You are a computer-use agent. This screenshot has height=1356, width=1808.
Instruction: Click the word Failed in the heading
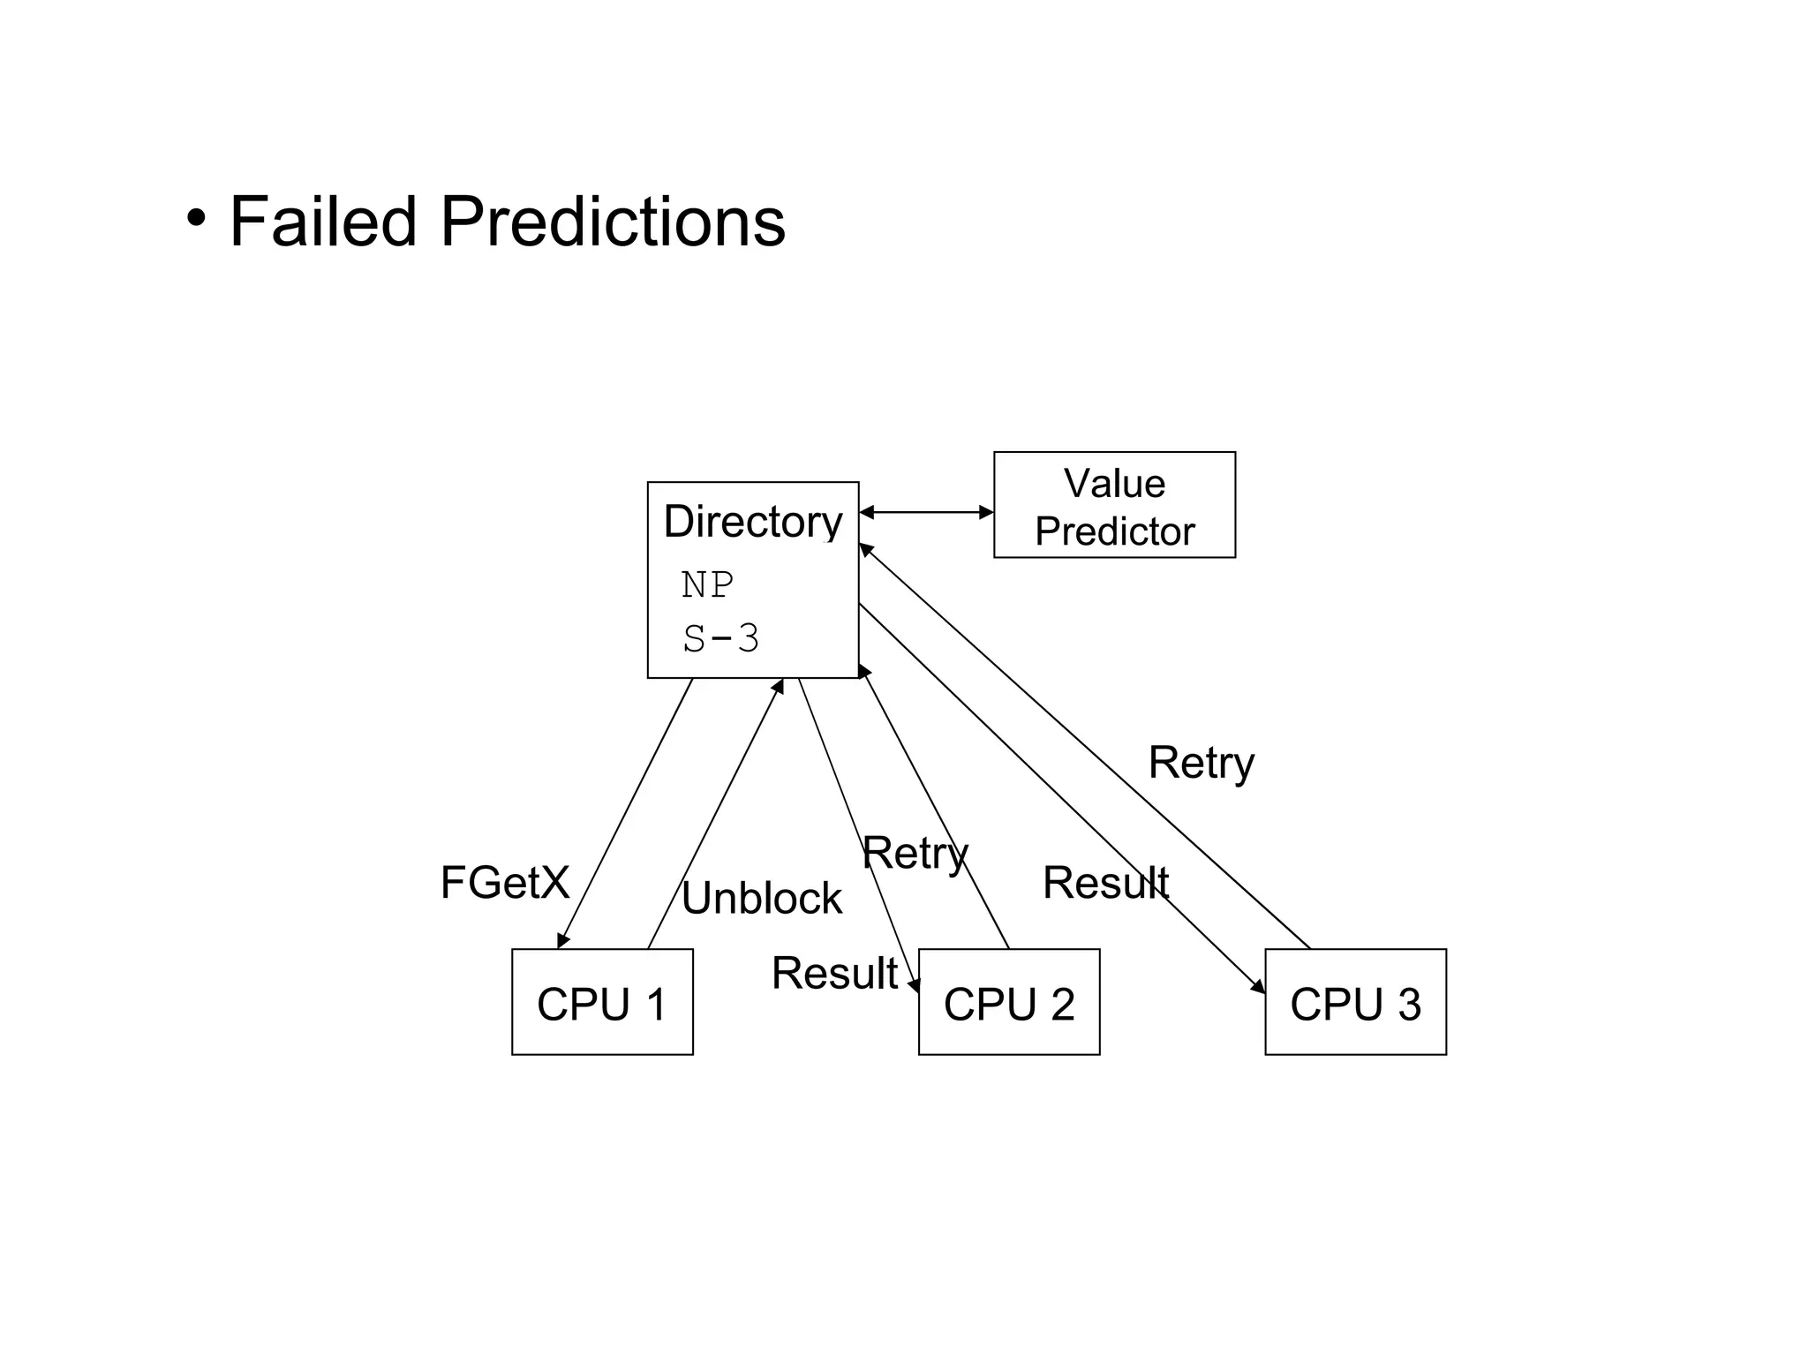322,222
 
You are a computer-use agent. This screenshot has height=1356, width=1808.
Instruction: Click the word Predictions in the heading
612,222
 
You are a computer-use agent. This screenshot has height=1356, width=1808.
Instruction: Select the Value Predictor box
1114,505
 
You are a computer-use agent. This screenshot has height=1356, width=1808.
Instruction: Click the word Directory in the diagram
752,522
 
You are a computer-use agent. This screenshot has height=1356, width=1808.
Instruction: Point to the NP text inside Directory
707,585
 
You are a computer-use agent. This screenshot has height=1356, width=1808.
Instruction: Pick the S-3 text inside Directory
720,638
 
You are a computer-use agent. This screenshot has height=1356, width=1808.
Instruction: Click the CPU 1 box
602,1002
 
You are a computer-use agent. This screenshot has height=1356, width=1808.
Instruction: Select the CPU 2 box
1009,1002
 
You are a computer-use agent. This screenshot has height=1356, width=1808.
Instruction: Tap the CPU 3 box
1355,1002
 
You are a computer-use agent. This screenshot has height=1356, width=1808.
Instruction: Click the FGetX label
505,883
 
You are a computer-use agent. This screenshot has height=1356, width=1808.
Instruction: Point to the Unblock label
761,899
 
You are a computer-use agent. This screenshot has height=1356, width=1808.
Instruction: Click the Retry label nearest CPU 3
1201,763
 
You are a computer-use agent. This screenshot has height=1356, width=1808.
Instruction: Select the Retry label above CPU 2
915,854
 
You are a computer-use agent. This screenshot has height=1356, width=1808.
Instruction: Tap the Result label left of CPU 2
834,974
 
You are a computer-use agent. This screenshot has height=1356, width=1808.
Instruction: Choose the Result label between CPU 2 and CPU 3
1105,883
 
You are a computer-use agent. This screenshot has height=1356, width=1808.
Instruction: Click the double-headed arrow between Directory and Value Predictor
926,512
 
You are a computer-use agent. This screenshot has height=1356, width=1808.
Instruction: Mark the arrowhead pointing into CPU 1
562,941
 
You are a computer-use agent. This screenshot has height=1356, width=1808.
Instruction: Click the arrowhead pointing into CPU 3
1258,987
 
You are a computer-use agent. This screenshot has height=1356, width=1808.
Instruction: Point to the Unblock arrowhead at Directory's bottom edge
779,686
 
